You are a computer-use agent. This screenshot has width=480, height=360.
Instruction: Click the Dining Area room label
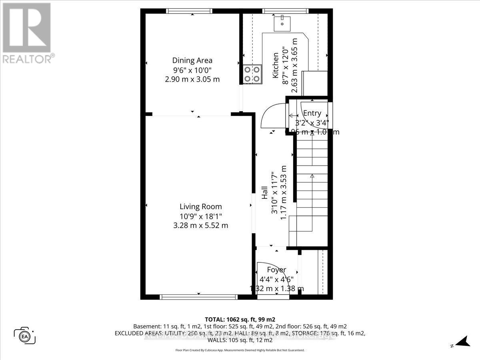[192, 60]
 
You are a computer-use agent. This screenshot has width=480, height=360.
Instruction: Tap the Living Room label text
[200, 206]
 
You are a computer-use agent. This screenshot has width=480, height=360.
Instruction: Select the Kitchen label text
[275, 65]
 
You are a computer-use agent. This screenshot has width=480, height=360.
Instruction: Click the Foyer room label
[276, 270]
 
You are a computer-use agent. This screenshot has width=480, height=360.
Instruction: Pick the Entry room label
[312, 113]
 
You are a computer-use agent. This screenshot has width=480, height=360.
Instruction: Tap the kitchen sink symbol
[283, 23]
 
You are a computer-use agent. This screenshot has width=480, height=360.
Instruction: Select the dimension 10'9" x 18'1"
[200, 216]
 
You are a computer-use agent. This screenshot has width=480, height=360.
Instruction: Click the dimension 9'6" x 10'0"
[192, 70]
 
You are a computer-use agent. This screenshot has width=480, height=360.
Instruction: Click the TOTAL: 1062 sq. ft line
[240, 319]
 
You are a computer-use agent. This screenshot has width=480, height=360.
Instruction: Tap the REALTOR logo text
[28, 59]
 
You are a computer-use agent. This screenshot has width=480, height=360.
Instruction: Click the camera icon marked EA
[25, 335]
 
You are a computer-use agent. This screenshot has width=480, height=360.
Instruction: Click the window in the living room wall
[199, 297]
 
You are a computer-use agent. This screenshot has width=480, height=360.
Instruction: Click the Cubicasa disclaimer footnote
[240, 350]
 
